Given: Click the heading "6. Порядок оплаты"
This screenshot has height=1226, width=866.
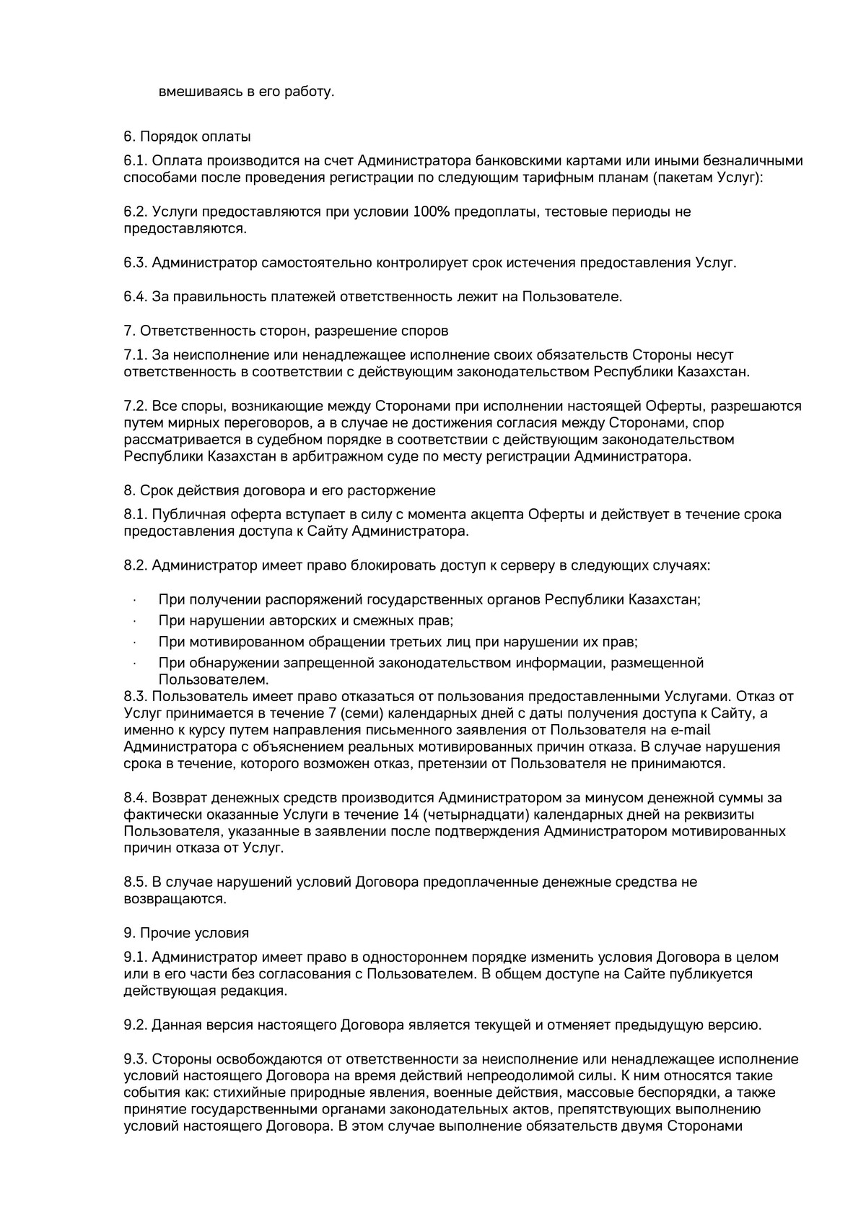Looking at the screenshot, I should (187, 136).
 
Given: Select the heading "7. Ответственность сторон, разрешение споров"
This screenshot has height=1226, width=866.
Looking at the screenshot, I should (286, 331).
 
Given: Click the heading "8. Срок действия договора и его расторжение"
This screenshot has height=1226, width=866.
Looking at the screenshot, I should (279, 491).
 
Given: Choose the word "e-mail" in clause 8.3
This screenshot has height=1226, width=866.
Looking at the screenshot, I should (753, 731).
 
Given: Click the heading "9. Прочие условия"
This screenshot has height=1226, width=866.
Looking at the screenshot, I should (186, 933).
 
